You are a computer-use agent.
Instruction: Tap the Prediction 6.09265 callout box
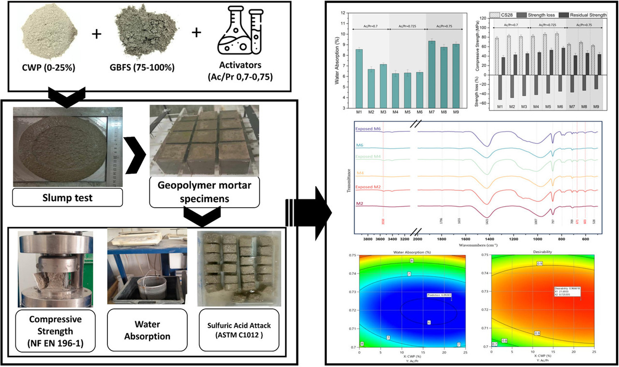click(438, 295)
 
